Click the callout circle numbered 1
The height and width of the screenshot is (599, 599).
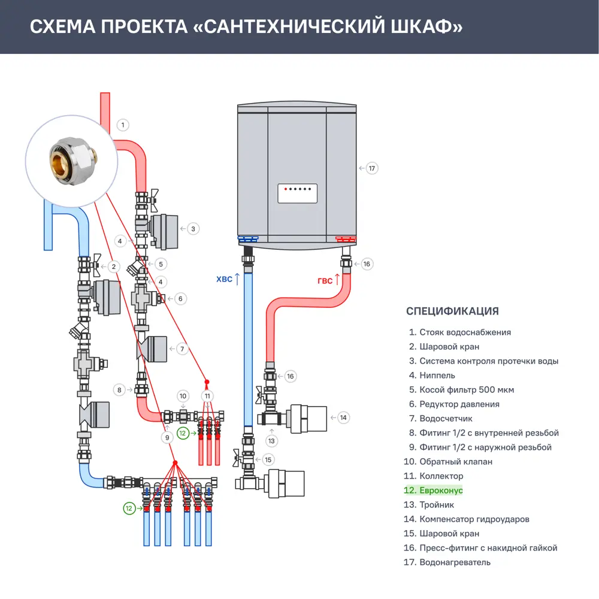click(122, 125)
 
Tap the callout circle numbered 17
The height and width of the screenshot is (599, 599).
click(372, 168)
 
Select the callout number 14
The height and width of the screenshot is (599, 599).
click(343, 418)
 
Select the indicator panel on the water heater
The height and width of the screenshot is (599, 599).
click(297, 193)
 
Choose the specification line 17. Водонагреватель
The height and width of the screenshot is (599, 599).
click(449, 562)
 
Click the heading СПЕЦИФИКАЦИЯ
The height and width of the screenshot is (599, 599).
click(452, 311)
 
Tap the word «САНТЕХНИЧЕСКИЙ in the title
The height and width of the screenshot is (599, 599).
click(284, 28)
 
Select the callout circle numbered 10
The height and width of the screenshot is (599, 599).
click(183, 396)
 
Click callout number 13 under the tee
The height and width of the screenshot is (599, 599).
click(272, 441)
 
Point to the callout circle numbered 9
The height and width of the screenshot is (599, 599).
click(167, 438)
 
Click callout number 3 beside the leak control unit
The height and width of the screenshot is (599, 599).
click(193, 228)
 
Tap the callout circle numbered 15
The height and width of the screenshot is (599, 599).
click(268, 460)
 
